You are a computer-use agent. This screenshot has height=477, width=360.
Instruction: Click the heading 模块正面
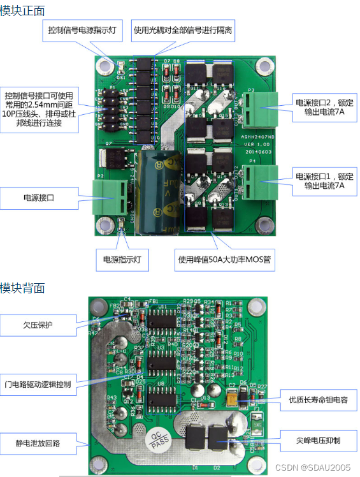(22, 10)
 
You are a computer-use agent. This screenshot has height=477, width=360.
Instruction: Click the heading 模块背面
(22, 288)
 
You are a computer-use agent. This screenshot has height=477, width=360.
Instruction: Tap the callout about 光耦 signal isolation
(182, 30)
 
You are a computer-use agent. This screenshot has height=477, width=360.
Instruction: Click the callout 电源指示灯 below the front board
(126, 260)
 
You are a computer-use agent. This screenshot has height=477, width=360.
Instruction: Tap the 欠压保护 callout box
(38, 325)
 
